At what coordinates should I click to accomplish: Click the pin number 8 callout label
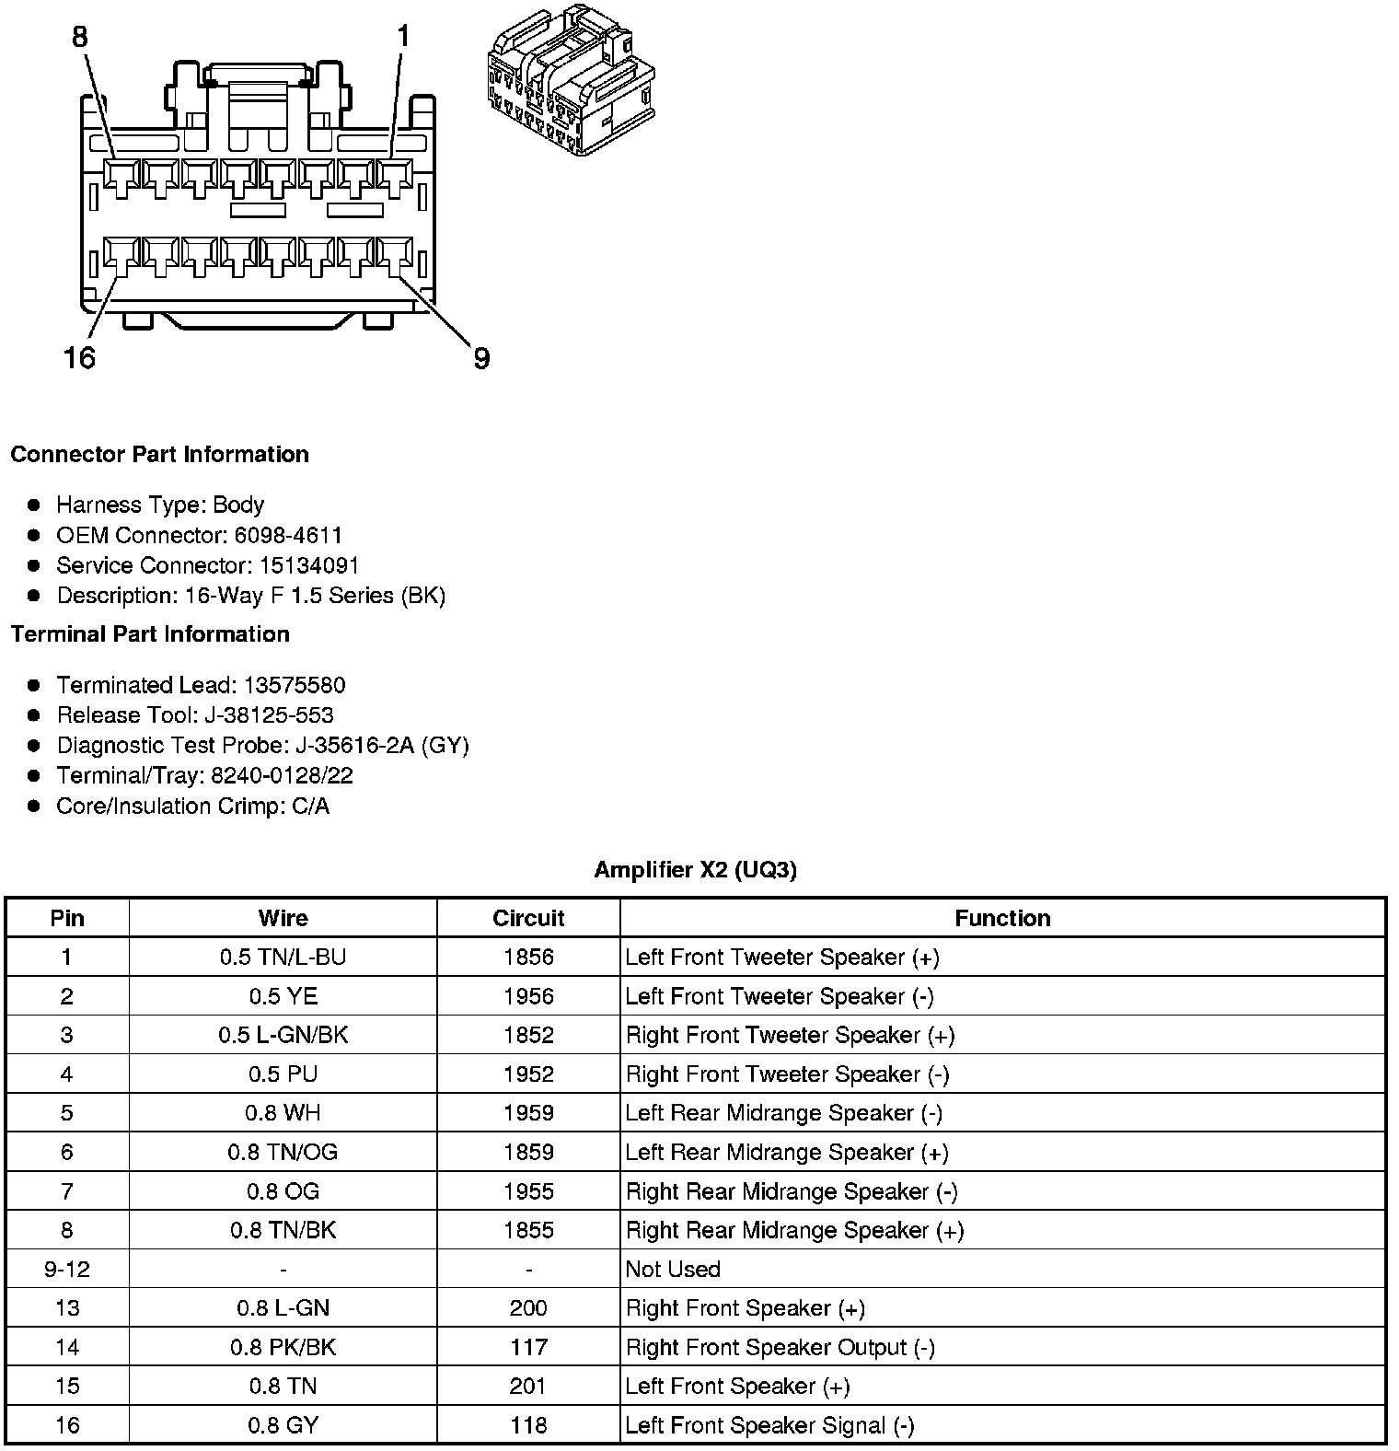(80, 37)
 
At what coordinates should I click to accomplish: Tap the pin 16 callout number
(79, 357)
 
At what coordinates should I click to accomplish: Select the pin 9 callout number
(481, 358)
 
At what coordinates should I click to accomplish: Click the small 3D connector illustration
(571, 80)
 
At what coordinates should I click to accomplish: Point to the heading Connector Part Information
(160, 455)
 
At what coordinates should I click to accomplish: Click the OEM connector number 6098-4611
(288, 535)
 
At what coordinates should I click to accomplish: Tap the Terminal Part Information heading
(150, 634)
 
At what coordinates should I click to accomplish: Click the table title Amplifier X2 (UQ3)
(695, 870)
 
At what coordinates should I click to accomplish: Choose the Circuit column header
(528, 918)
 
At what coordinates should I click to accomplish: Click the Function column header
(1002, 918)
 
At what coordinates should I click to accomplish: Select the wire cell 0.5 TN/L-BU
(283, 958)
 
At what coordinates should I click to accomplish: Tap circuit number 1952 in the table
(528, 1074)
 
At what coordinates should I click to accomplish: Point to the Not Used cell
(673, 1270)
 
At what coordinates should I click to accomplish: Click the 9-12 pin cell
(67, 1270)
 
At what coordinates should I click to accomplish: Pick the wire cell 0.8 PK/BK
(283, 1348)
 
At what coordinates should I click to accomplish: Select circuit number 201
(528, 1387)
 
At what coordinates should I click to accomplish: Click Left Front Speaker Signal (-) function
(769, 1426)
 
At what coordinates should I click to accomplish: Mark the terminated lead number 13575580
(295, 685)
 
